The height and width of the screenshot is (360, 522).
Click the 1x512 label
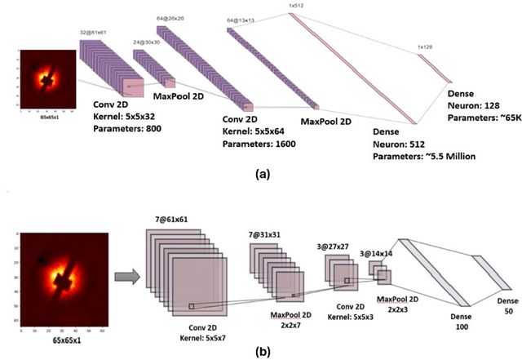(296, 4)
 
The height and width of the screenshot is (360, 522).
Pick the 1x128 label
(426, 47)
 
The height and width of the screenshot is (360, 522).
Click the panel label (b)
(263, 352)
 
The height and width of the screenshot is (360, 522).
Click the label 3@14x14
(376, 254)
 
